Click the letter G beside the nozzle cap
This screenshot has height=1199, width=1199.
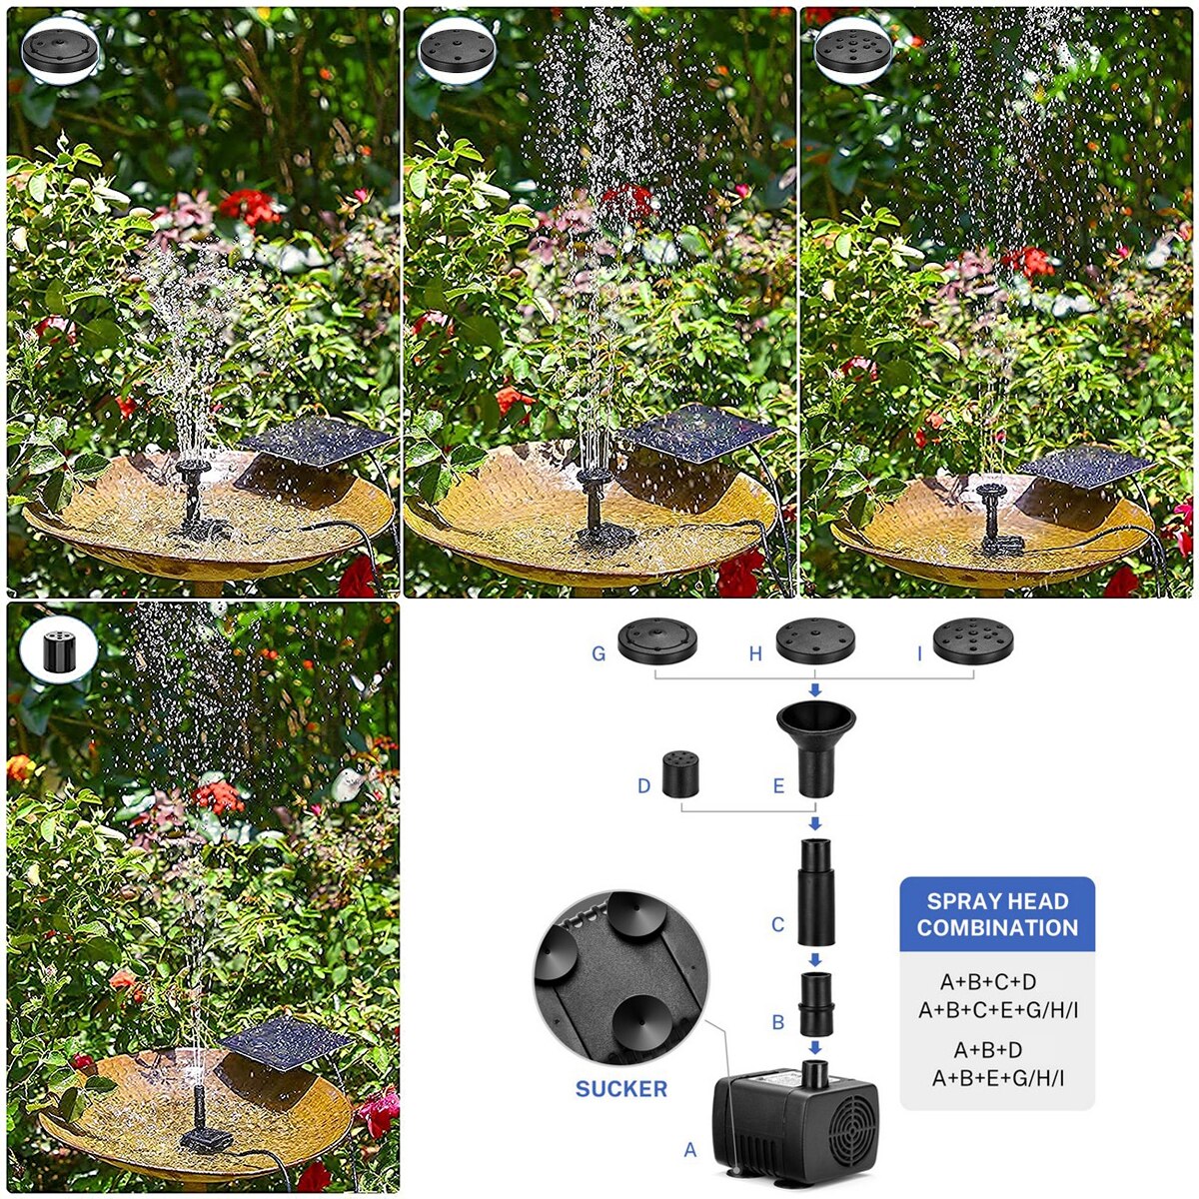pos(599,654)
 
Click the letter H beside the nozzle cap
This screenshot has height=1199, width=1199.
pos(755,654)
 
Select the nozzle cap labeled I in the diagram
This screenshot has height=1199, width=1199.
pos(972,641)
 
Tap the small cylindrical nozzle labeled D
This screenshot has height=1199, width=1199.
pos(680,773)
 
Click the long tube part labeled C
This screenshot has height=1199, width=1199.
pos(814,892)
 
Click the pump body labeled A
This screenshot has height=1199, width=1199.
pos(794,1124)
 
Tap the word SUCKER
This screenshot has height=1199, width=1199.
pos(620,1089)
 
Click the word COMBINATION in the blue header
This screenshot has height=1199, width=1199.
pos(997,928)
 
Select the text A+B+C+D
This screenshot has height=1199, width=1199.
pos(988,982)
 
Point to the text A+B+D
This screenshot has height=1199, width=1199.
pos(988,1050)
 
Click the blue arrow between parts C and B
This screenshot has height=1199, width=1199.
pos(815,959)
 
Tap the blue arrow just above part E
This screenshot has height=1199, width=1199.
pos(815,689)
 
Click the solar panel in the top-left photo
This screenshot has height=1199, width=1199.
pos(317,440)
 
